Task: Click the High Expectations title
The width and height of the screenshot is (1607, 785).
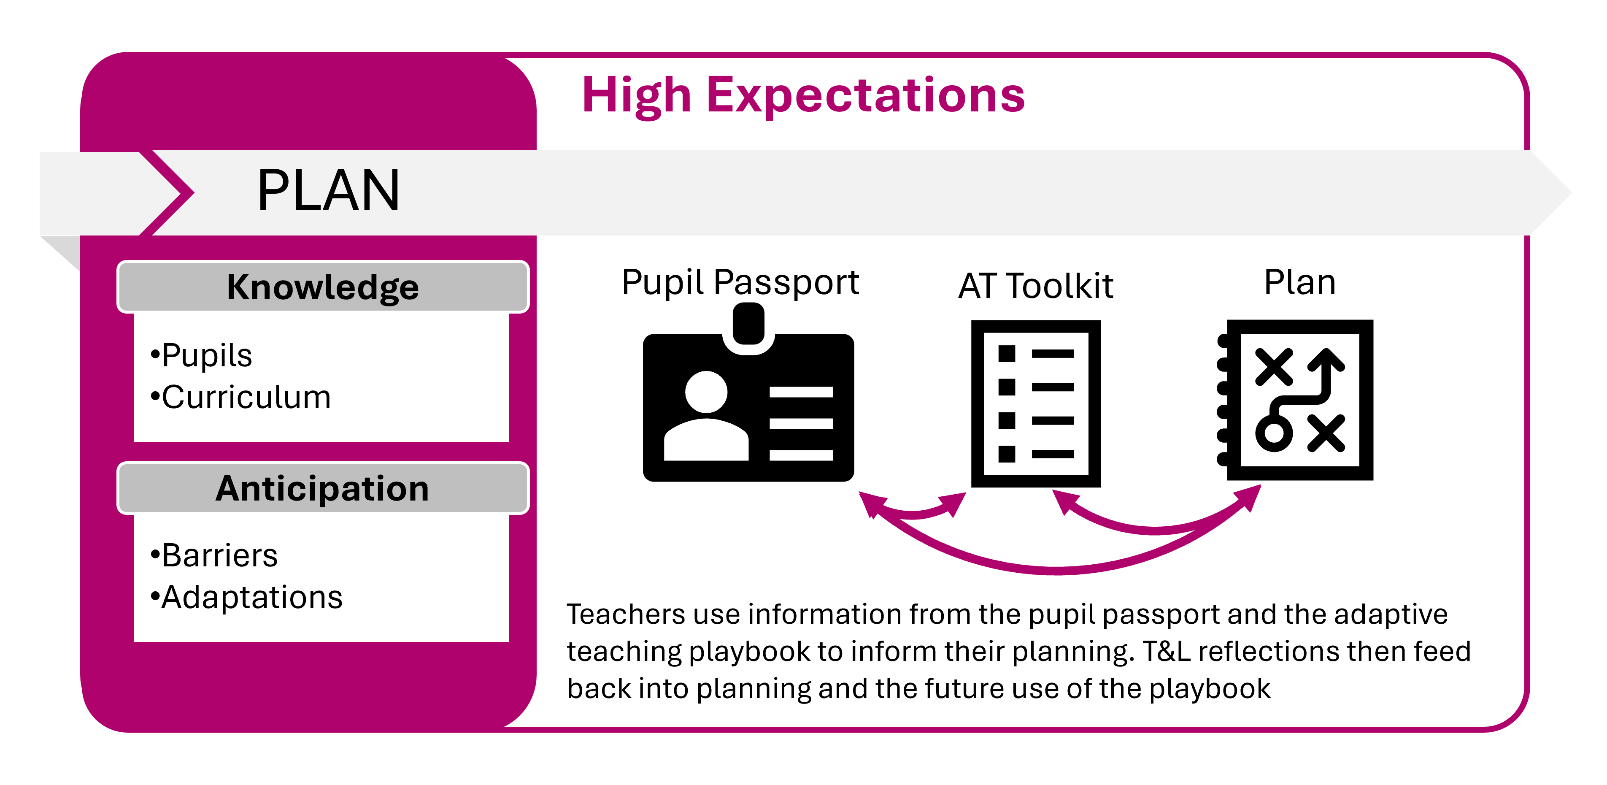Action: (803, 95)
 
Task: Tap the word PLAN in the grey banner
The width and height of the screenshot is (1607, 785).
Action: (328, 191)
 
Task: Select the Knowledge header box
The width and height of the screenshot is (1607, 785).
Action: (322, 287)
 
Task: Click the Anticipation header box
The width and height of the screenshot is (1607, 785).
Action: (322, 488)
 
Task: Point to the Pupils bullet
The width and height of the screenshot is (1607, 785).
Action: (201, 356)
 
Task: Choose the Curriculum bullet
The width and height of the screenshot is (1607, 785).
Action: (240, 397)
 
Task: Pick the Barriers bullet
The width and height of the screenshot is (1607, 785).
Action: (214, 555)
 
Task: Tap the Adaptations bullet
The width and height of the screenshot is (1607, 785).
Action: (246, 597)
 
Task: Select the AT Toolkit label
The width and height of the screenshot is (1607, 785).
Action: (1036, 286)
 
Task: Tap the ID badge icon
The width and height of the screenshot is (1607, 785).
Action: (748, 392)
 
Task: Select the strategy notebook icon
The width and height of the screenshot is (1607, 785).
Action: (1295, 400)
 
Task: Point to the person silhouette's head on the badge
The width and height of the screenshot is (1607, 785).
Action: (706, 392)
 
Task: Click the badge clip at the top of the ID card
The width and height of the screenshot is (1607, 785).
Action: (748, 324)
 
